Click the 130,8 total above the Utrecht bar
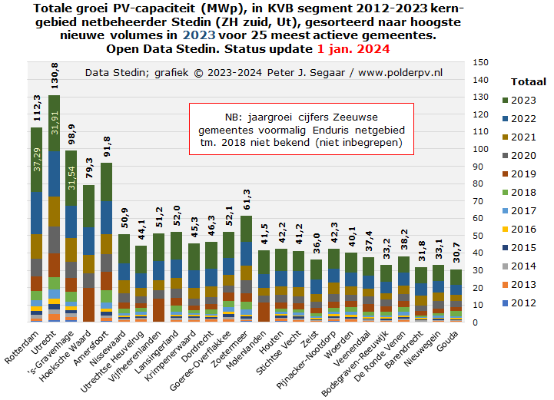[55, 75]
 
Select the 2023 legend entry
[519, 101]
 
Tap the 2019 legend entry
[519, 174]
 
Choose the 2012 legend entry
[519, 303]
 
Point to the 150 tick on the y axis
[480, 62]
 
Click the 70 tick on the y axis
[478, 201]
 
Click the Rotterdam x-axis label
[22, 347]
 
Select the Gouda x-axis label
[448, 341]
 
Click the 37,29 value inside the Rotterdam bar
[37, 160]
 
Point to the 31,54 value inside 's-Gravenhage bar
[71, 178]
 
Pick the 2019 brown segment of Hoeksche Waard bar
[89, 305]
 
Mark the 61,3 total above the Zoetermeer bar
[247, 200]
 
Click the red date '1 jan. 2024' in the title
[353, 48]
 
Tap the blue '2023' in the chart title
[199, 35]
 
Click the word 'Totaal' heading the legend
[528, 82]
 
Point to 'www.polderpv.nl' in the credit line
[400, 73]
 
